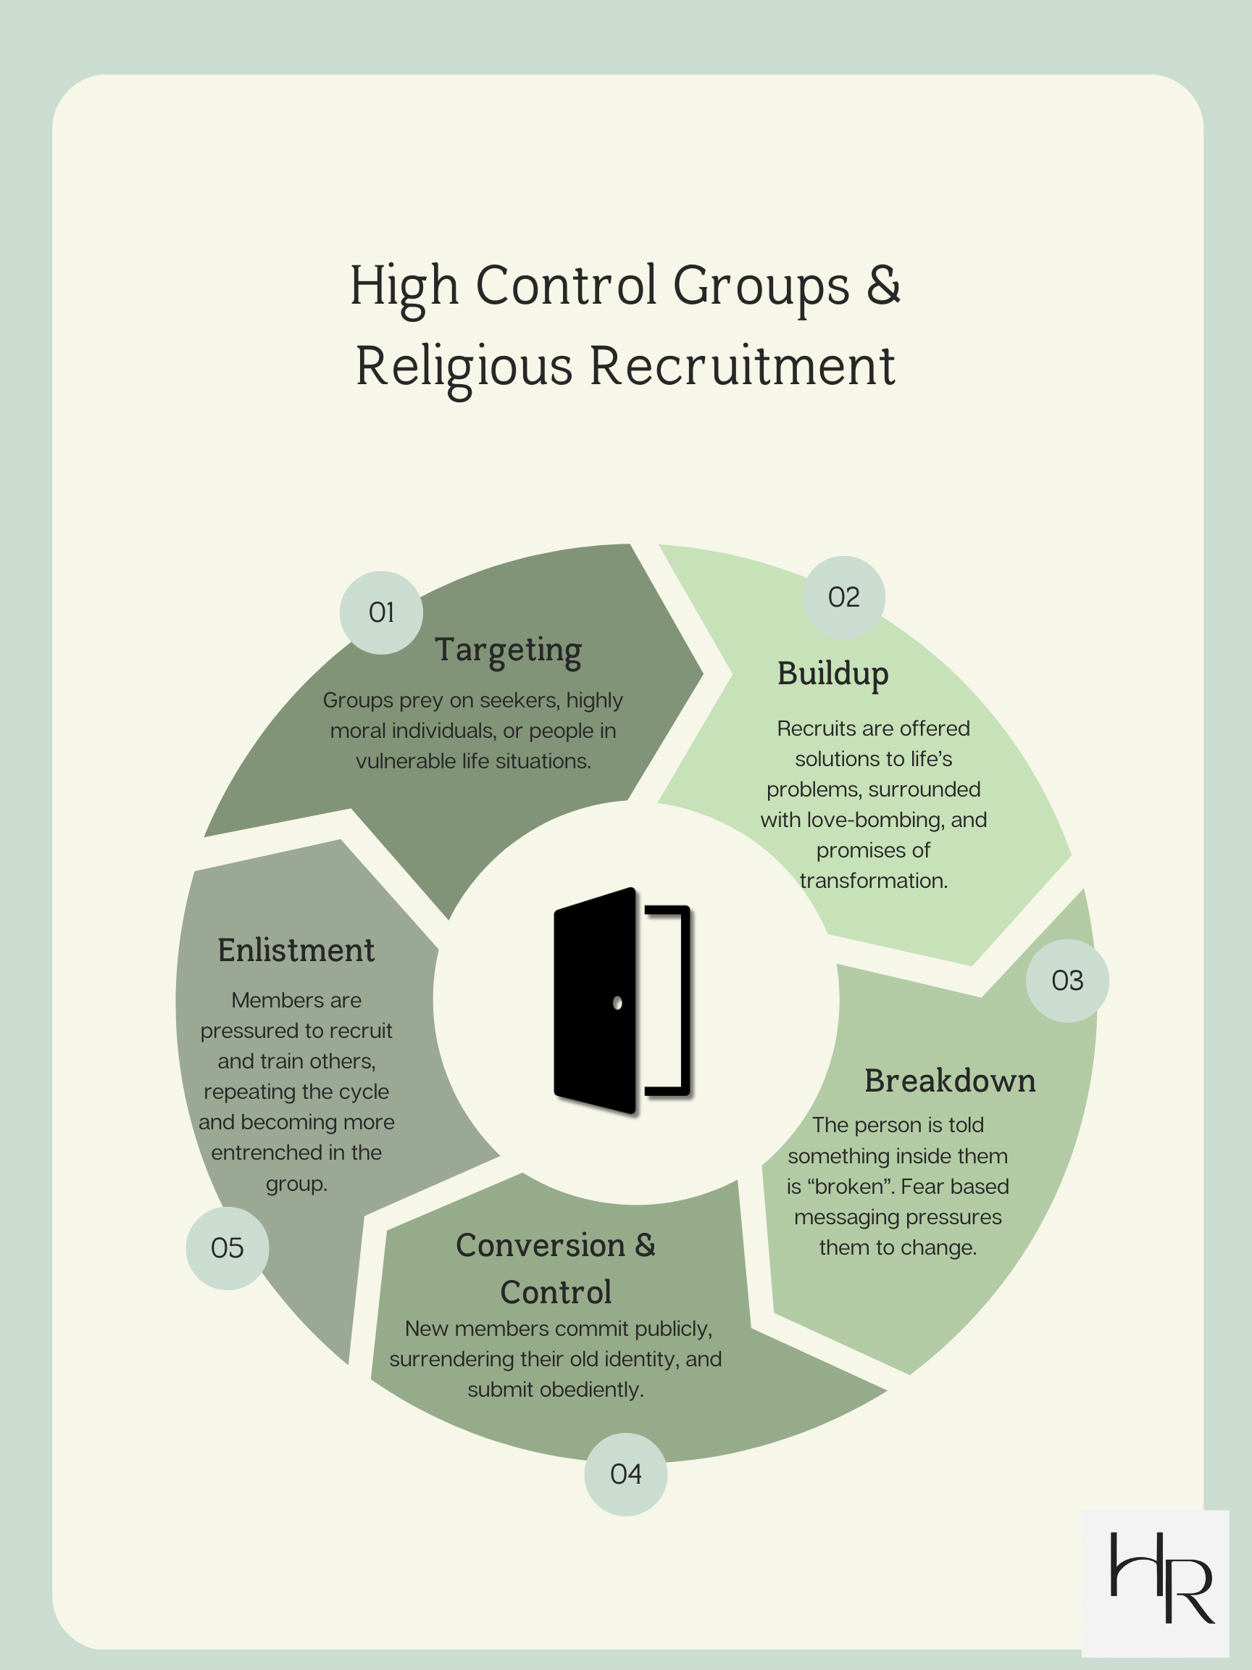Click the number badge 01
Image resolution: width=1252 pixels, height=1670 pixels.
pyautogui.click(x=381, y=612)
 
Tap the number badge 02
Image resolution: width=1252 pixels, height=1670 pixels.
pyautogui.click(x=843, y=597)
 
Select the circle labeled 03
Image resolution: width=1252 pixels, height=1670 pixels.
pyautogui.click(x=1067, y=981)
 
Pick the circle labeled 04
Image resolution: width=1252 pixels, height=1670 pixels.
pyautogui.click(x=625, y=1474)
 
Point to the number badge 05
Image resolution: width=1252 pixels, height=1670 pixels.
pyautogui.click(x=228, y=1248)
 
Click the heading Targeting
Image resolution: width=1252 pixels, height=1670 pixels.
pyautogui.click(x=508, y=650)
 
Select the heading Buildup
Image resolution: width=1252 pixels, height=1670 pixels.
pyautogui.click(x=832, y=673)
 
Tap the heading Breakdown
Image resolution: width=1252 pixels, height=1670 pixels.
pyautogui.click(x=949, y=1081)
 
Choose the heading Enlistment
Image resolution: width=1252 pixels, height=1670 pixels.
pyautogui.click(x=296, y=950)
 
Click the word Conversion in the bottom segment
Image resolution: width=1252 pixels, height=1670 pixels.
pyautogui.click(x=541, y=1246)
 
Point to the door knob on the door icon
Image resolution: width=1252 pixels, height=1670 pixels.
pyautogui.click(x=617, y=1002)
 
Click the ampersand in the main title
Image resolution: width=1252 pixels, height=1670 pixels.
pyautogui.click(x=884, y=286)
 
